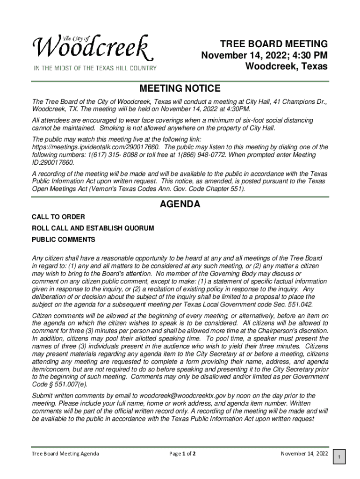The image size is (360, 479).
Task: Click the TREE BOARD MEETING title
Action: [274, 44]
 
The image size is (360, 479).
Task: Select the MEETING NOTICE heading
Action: [180, 88]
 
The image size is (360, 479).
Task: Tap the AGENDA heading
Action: [180, 204]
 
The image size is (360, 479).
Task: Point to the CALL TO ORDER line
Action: [58, 217]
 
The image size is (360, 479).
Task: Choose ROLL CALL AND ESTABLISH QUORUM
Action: [93, 228]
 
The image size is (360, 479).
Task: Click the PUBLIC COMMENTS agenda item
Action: [63, 239]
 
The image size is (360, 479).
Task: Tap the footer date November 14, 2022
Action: [304, 454]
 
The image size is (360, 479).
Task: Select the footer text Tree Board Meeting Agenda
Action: [65, 454]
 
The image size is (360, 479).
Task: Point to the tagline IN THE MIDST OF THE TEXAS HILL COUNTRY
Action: [94, 68]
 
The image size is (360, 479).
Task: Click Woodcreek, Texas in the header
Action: [286, 66]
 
